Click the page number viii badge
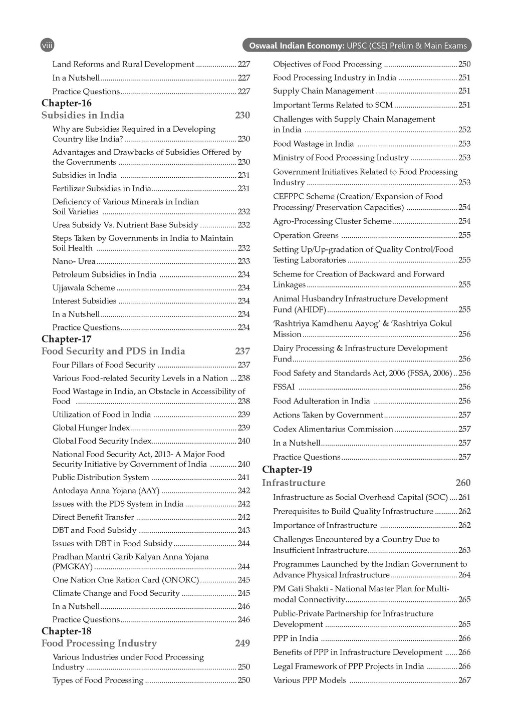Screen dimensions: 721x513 pos(47,45)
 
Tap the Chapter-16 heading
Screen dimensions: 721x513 pos(67,103)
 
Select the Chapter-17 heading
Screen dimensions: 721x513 pos(67,339)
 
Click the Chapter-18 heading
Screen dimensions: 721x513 pos(67,631)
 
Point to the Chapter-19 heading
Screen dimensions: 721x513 pos(287,469)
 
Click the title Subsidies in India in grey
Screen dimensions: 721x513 pos(83,115)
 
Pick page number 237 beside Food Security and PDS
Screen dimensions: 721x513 pos(242,351)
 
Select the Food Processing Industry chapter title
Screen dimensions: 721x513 pos(99,643)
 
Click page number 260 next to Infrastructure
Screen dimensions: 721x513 pos(463,483)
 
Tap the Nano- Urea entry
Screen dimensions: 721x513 pos(74,261)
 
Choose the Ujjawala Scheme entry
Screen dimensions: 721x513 pos(84,288)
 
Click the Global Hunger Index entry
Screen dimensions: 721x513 pos(91,428)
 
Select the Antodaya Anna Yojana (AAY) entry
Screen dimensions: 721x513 pos(106,491)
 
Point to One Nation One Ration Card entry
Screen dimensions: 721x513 pos(126,580)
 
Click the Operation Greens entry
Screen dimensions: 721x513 pos(306,235)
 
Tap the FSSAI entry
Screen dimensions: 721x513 pos(284,387)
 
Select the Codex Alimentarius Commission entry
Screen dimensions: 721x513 pos(333,429)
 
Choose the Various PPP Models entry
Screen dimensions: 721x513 pos(309,680)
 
